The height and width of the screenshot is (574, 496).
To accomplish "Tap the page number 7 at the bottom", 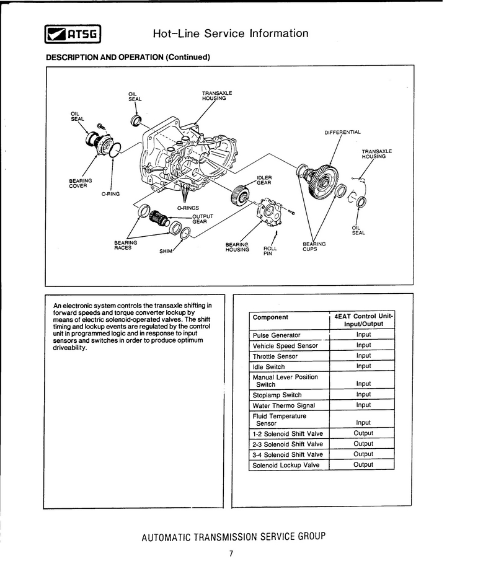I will click(x=231, y=554).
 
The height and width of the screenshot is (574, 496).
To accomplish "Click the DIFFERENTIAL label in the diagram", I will click(x=342, y=132).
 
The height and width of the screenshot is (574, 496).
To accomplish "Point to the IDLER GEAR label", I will click(x=264, y=180).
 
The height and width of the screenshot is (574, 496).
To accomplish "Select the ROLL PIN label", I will click(x=270, y=250).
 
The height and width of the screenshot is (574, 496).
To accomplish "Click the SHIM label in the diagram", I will click(x=166, y=251).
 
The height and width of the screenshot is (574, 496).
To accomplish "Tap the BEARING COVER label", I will click(x=81, y=183).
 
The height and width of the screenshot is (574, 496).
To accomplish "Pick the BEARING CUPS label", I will click(x=314, y=247).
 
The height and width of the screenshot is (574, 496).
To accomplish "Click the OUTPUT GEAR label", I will click(x=203, y=219).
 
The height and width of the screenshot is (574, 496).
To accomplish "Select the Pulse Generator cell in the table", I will click(x=277, y=335).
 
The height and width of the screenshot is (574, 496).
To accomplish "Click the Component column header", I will click(x=270, y=317).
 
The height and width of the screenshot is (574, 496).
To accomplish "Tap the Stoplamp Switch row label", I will click(x=277, y=395).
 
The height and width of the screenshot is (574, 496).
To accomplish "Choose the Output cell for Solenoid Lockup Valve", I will click(x=363, y=465).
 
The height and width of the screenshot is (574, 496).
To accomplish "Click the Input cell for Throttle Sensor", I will click(x=363, y=356).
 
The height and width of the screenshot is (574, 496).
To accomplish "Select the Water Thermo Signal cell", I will click(x=283, y=405).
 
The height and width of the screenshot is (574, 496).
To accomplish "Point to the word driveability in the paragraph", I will click(x=70, y=347).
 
